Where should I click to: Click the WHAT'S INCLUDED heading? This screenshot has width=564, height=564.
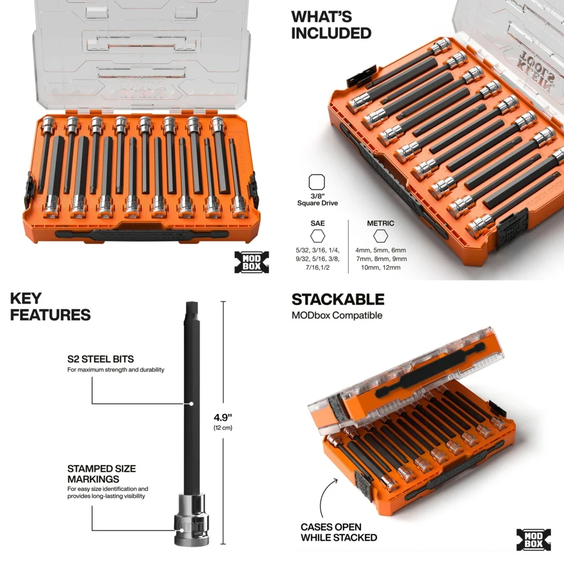[331, 25]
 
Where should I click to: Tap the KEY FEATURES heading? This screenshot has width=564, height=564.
[50, 307]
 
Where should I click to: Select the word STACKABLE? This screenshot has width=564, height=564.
[338, 299]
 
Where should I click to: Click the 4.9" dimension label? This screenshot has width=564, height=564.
[223, 417]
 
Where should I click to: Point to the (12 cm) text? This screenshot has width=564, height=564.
[223, 428]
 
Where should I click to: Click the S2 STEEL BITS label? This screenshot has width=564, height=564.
[100, 359]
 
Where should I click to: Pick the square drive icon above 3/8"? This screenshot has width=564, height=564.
[317, 183]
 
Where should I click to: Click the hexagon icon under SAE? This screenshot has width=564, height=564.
[317, 236]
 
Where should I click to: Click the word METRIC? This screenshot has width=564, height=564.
[380, 223]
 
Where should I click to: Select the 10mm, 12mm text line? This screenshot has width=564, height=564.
[381, 267]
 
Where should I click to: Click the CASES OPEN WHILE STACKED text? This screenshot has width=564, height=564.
[338, 532]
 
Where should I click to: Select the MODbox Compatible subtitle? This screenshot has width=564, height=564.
[337, 315]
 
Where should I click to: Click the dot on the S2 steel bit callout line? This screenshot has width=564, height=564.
[192, 404]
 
